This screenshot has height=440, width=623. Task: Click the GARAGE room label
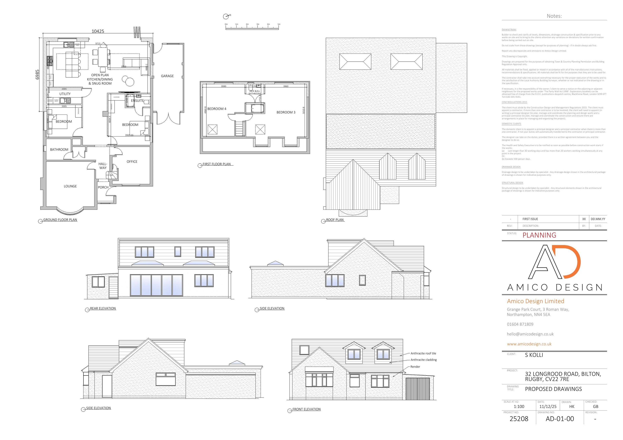click(167, 76)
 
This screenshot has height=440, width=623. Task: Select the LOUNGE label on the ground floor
click(70, 186)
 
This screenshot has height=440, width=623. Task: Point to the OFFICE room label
click(132, 162)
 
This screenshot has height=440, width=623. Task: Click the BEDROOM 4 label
click(217, 109)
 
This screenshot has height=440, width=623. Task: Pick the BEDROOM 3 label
click(286, 112)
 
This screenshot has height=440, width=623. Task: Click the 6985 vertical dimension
click(37, 75)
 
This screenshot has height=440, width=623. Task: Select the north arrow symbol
click(226, 17)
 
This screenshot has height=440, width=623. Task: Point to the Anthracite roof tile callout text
click(423, 353)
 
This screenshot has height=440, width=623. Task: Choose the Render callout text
click(415, 367)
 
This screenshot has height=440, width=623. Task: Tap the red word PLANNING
click(539, 235)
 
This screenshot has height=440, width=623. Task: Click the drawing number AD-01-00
click(560, 419)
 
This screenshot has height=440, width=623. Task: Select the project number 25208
click(519, 419)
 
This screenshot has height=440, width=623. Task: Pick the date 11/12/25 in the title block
click(548, 407)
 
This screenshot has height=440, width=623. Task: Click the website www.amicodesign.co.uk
click(529, 344)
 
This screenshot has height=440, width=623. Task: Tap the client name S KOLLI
click(534, 355)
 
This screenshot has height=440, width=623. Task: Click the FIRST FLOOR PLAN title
click(217, 164)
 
